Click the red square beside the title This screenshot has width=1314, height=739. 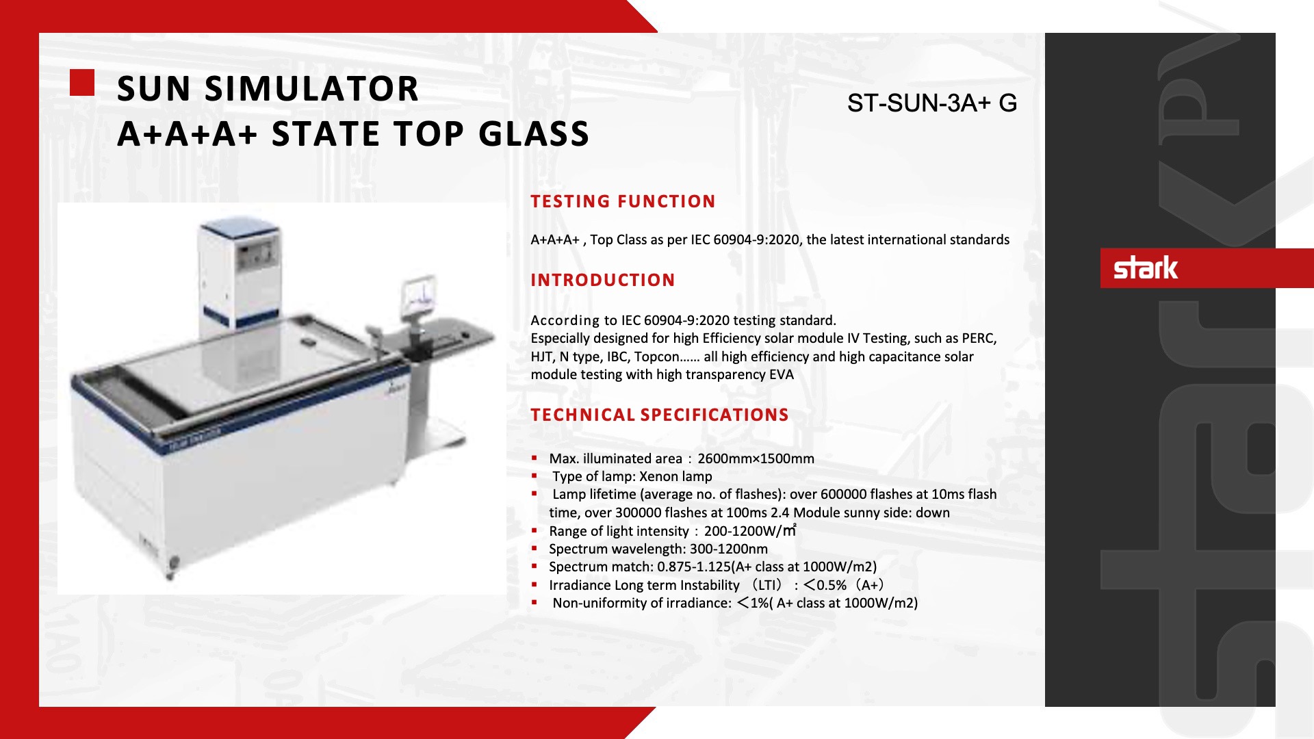tap(82, 83)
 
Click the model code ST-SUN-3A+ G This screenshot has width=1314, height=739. tap(931, 103)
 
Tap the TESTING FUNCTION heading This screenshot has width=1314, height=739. tap(623, 201)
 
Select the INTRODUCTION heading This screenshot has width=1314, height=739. tap(603, 280)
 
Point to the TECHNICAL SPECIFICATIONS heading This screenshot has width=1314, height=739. tap(660, 415)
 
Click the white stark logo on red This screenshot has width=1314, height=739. tap(1146, 268)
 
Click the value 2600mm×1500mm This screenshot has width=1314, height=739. tap(756, 458)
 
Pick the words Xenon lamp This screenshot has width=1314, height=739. tap(675, 476)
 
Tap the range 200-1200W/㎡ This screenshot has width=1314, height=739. tap(750, 531)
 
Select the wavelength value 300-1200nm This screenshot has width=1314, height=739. tap(729, 549)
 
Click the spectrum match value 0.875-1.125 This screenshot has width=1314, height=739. tap(694, 567)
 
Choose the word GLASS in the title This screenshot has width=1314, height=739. tap(534, 134)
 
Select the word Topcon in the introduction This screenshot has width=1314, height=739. tap(656, 356)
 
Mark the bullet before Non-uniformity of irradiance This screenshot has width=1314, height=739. tap(534, 603)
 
